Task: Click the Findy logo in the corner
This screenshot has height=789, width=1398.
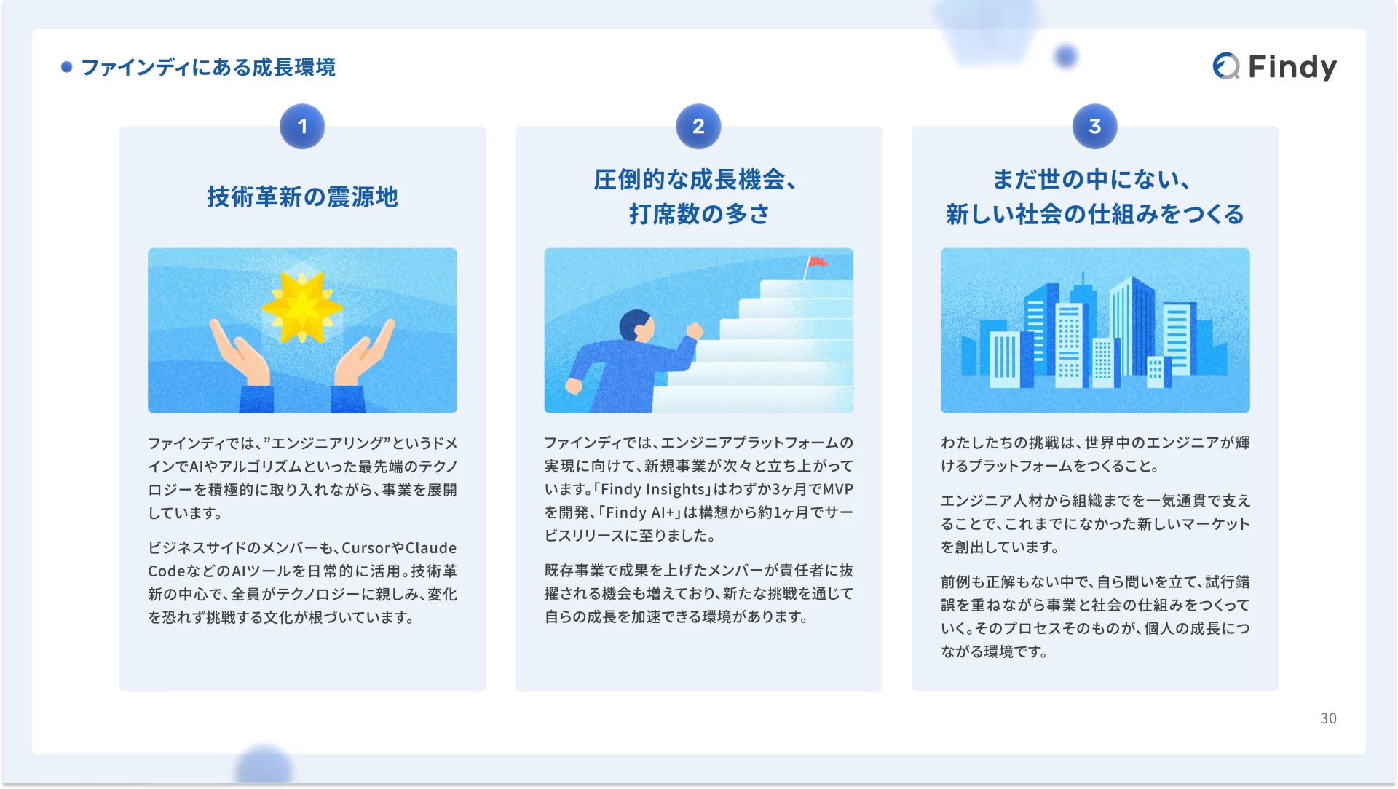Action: (1274, 66)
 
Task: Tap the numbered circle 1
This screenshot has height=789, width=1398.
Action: (302, 127)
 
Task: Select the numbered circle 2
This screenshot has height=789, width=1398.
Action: (698, 127)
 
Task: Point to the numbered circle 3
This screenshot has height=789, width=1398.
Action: (1094, 127)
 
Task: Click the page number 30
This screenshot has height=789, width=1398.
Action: (1328, 718)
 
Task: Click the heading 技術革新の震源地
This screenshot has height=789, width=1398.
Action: (302, 197)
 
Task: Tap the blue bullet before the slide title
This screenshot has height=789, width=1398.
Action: (66, 67)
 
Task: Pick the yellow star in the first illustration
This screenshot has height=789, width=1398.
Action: (301, 308)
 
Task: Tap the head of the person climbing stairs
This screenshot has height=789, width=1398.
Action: (636, 326)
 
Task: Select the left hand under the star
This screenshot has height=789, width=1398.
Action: (240, 353)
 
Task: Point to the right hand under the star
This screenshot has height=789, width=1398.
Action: (364, 353)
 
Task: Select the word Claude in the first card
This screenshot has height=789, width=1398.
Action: (431, 548)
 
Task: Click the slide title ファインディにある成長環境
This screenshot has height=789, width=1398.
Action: (208, 67)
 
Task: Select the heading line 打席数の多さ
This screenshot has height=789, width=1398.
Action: (699, 214)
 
